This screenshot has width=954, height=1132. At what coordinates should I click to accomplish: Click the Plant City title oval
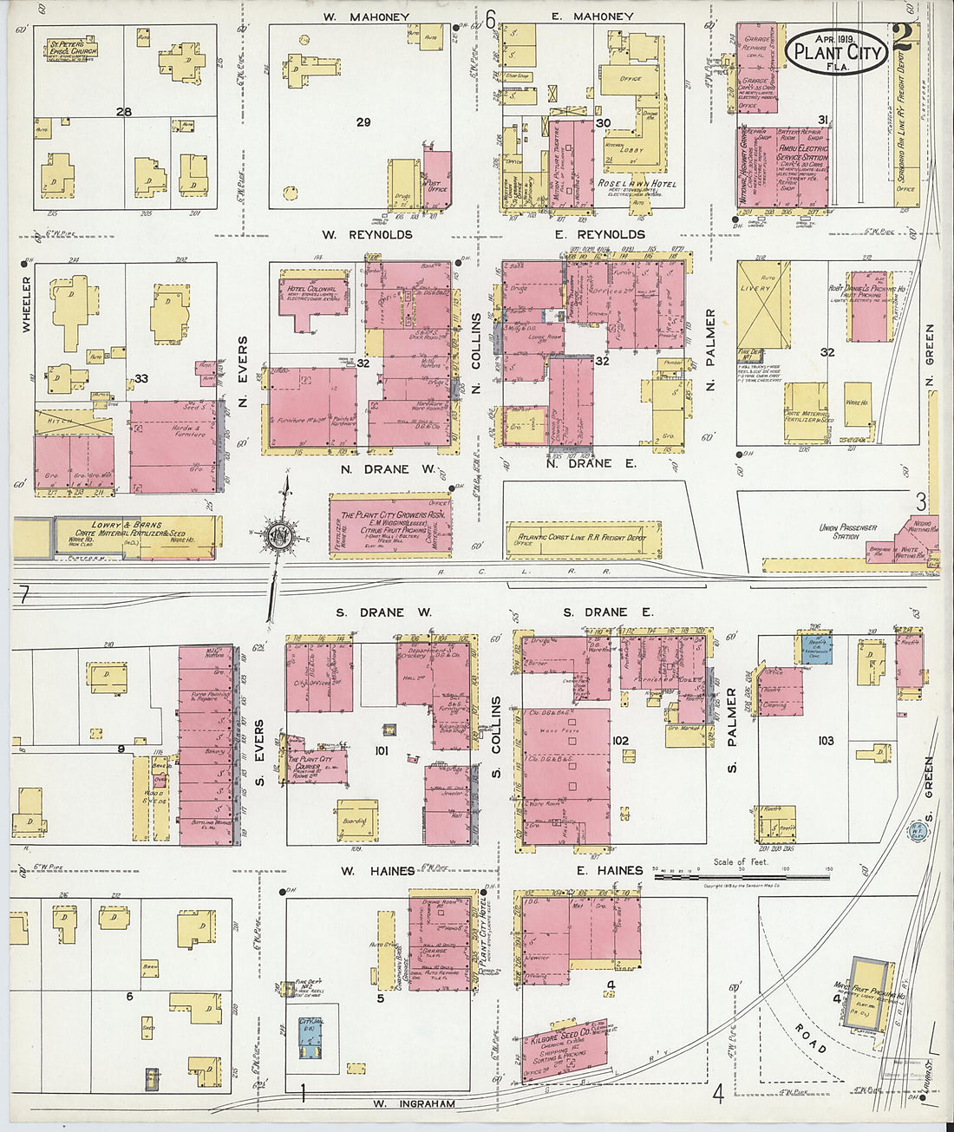[x=837, y=52]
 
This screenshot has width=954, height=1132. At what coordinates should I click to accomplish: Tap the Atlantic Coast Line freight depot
[x=583, y=538]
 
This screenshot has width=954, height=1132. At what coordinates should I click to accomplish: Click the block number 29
[x=363, y=122]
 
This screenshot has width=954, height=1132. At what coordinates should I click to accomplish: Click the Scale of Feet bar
[x=741, y=876]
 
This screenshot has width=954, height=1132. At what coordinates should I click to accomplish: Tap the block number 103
[x=825, y=740]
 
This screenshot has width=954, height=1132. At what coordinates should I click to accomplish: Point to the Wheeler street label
[x=25, y=304]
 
